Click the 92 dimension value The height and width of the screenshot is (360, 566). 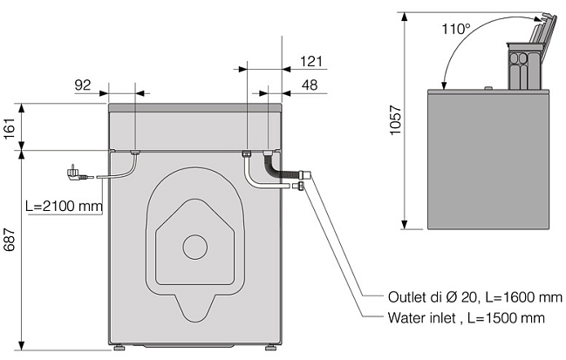83,85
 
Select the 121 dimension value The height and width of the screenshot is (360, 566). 311,61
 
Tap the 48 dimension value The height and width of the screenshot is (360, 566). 310,85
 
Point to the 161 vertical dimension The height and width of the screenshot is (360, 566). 10,128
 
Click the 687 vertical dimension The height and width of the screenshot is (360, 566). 10,239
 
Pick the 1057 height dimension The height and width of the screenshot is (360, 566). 396,120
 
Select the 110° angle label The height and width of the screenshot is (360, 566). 456,29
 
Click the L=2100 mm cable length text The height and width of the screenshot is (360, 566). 65,207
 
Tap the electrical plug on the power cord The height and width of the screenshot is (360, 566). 77,173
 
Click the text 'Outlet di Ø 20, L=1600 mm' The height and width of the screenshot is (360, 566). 475,297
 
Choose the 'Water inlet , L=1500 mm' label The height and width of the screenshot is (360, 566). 467,318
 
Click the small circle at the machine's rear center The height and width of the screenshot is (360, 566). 195,247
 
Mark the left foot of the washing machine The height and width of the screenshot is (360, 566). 119,348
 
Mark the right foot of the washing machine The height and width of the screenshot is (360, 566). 271,348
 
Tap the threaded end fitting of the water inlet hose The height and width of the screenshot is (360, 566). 297,187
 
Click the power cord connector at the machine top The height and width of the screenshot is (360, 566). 135,153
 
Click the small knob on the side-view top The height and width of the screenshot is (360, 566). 488,88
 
